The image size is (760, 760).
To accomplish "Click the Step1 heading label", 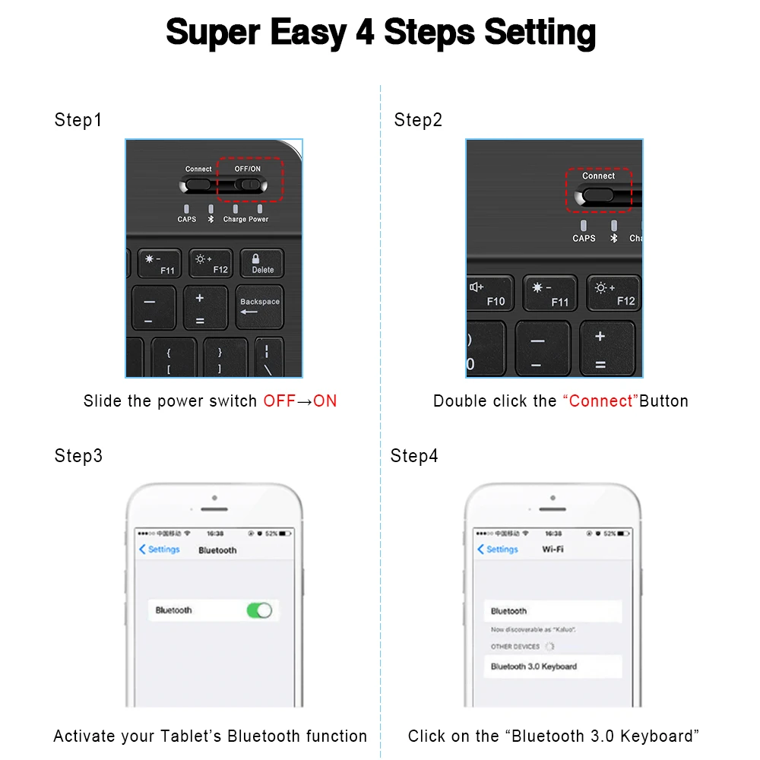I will (78, 120).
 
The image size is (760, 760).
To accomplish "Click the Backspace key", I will (260, 306).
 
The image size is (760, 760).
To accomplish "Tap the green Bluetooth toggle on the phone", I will (259, 610).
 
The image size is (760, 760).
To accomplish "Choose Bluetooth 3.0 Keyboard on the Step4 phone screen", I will (534, 667).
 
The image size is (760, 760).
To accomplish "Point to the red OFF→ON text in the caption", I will (300, 401).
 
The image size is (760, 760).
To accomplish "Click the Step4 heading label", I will (414, 456).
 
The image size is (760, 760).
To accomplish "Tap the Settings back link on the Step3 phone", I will (160, 549).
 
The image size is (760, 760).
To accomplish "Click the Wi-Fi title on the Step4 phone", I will (553, 549).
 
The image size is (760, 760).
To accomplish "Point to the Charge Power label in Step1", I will (245, 219).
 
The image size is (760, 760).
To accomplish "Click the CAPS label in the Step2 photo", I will (584, 238).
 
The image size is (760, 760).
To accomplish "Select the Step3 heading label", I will (78, 456).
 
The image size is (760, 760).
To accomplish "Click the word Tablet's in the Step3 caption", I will (191, 736).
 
